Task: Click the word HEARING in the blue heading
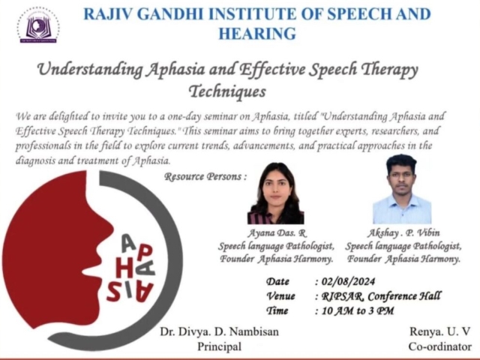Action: (257, 33)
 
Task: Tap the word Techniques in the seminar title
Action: (227, 91)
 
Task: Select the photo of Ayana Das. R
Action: (275, 193)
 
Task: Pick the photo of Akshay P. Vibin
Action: (402, 189)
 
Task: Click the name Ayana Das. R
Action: (277, 233)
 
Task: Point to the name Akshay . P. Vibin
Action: (403, 233)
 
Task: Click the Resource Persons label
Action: (205, 177)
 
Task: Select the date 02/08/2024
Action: (348, 281)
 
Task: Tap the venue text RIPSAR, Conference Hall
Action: (381, 296)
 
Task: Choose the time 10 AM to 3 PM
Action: (358, 310)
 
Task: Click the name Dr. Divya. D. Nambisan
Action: (219, 331)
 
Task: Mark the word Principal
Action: (219, 346)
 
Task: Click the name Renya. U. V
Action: (439, 331)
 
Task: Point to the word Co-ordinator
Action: (440, 346)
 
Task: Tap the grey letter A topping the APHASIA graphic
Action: (128, 243)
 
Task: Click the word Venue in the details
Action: (280, 296)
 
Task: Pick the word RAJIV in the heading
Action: (108, 14)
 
